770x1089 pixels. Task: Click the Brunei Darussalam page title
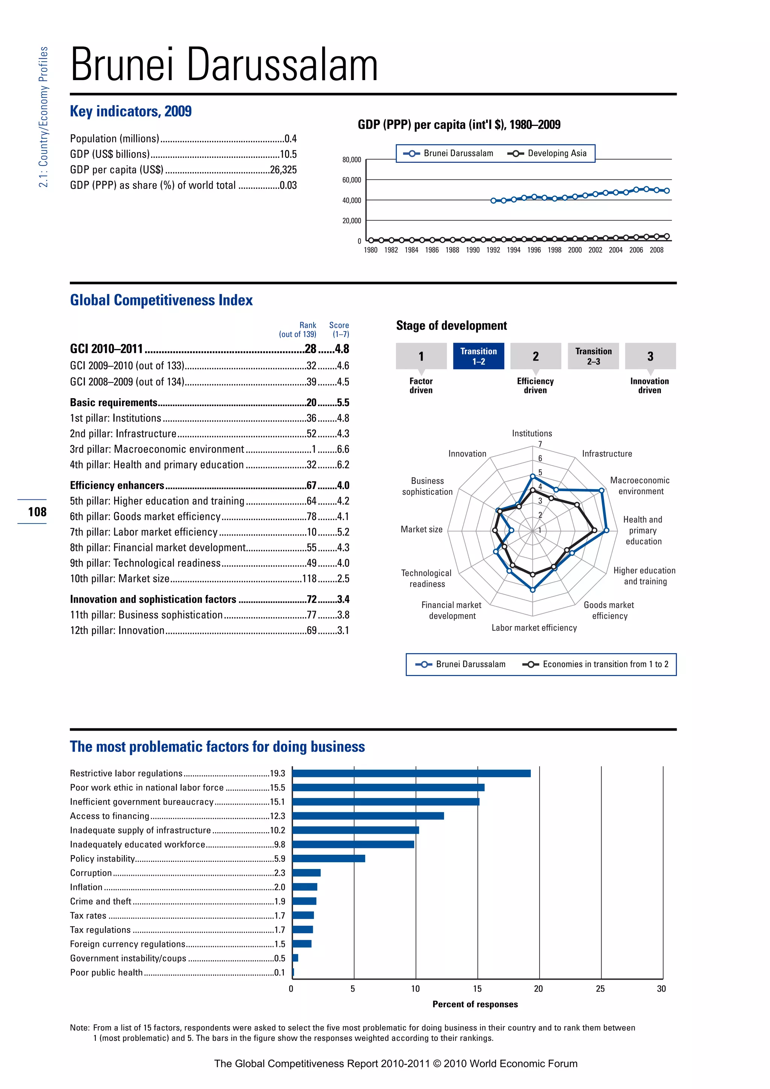[x=224, y=65]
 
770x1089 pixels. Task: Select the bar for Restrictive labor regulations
[x=411, y=773]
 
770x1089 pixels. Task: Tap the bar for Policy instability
[x=329, y=858]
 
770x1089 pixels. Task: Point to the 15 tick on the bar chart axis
[x=477, y=989]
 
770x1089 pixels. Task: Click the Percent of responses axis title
[x=475, y=1004]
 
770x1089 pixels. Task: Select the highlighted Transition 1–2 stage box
[x=478, y=356]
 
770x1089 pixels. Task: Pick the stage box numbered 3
[x=650, y=356]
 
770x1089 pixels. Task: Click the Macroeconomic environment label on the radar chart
[x=640, y=486]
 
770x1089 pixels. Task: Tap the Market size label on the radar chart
[x=421, y=529]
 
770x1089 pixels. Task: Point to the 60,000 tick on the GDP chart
[x=351, y=180]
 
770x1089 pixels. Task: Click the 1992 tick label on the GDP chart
[x=493, y=250]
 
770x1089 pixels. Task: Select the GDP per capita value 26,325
[x=283, y=170]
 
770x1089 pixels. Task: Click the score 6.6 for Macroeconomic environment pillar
[x=343, y=449]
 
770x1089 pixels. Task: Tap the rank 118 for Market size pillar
[x=309, y=579]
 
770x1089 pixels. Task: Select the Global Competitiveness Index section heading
[x=161, y=300]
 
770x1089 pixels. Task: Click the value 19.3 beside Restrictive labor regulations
[x=277, y=774]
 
